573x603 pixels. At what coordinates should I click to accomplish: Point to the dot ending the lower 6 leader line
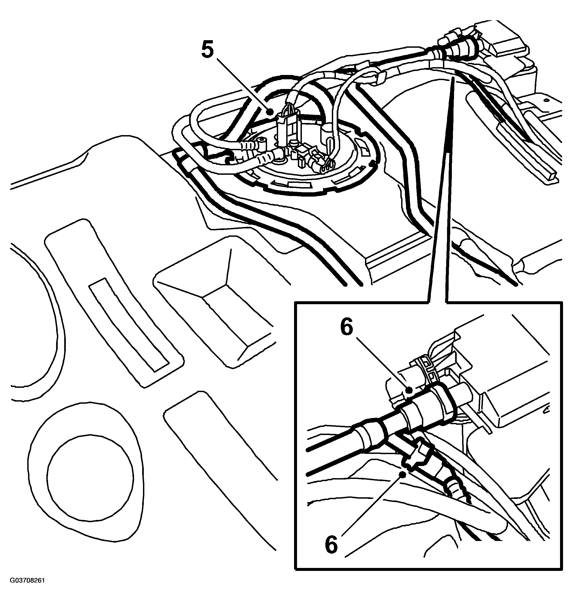point(404,474)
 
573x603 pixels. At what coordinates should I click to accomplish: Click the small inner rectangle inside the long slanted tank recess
point(128,325)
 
